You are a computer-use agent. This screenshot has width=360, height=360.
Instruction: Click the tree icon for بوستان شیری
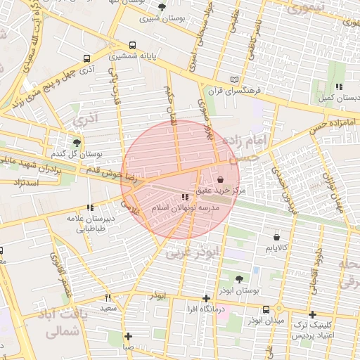[x=162, y=7]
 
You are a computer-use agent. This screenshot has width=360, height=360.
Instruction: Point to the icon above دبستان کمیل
[x=338, y=86]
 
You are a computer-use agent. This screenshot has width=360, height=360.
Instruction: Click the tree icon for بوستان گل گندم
[x=77, y=142]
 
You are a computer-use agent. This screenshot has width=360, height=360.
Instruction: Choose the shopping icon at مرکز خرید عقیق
[x=221, y=180]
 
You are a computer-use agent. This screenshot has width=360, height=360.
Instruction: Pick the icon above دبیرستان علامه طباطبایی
[x=89, y=207]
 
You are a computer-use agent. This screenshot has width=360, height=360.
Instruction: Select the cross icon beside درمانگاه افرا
[x=205, y=298]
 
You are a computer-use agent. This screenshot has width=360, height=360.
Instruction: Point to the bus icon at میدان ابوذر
[x=266, y=309]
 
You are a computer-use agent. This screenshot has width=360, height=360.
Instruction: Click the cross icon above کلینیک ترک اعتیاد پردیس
[x=312, y=314]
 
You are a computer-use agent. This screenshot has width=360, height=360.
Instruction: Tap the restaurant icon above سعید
[x=108, y=297]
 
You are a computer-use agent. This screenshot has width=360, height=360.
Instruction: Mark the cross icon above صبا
[x=128, y=336]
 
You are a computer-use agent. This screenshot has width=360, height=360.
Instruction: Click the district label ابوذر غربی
[x=194, y=252]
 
